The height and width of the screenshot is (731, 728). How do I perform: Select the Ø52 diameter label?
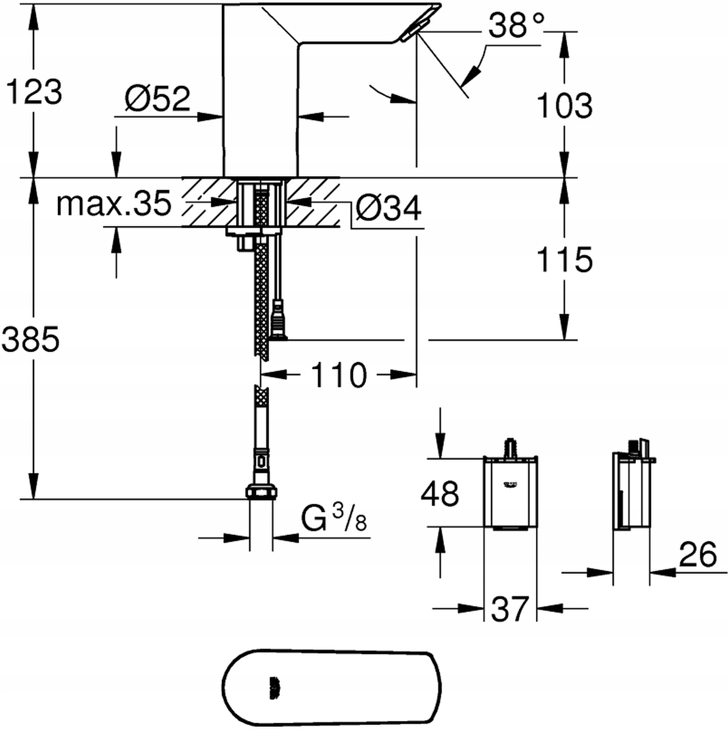pos(157,99)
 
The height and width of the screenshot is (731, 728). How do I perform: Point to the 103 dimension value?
pos(564,105)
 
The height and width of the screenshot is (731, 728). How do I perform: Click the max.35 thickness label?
pos(113,205)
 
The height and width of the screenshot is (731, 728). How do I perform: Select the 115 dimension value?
pos(564,260)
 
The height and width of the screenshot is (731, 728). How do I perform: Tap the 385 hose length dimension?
pos(30,339)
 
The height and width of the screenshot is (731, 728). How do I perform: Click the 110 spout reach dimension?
pos(339,375)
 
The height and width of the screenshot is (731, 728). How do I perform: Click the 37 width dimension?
pos(509,609)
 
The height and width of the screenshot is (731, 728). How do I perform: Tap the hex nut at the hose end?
pos(261,492)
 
